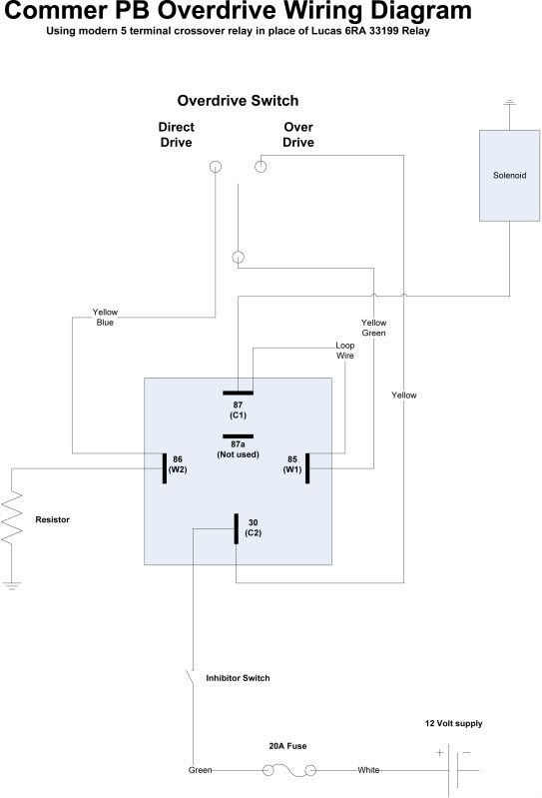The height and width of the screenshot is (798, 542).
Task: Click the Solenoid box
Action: (x=509, y=176)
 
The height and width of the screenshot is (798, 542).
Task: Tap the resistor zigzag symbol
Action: (x=12, y=516)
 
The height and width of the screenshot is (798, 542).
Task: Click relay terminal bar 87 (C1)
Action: (x=238, y=393)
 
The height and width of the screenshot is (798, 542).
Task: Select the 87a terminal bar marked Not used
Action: (x=238, y=436)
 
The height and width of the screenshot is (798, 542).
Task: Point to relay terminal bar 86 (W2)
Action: (x=165, y=468)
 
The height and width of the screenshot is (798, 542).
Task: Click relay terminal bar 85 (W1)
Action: (x=307, y=468)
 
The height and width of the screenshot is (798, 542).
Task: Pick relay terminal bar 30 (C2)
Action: (x=236, y=528)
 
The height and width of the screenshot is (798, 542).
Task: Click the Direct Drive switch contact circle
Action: (x=216, y=167)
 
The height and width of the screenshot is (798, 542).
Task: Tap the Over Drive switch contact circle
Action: (x=261, y=167)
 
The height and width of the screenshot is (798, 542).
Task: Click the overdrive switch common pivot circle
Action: (x=238, y=257)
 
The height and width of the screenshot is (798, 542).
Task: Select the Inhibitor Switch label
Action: (x=238, y=678)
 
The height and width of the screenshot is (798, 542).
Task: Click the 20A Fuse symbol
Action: (x=289, y=770)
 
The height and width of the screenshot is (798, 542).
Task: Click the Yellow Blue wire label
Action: (x=105, y=317)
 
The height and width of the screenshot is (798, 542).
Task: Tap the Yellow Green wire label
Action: (x=373, y=328)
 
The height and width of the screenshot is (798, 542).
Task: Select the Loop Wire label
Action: (x=344, y=351)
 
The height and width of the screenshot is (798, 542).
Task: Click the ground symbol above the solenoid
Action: (x=509, y=103)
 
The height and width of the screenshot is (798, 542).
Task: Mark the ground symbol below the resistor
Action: (x=11, y=586)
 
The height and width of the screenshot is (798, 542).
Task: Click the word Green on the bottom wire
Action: (x=200, y=770)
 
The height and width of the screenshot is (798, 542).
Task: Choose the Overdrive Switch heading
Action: (x=238, y=101)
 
